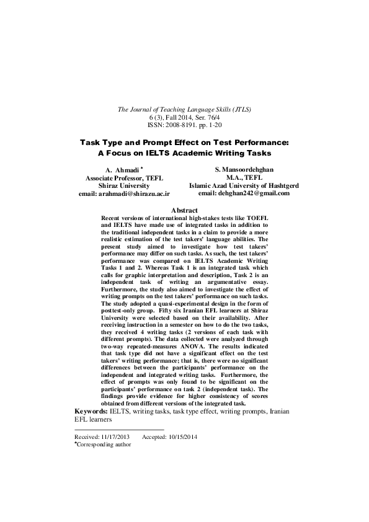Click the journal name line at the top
coord(184,109)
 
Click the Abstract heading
coord(184,211)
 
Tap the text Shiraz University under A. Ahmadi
coord(124,185)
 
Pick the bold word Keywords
coord(90,411)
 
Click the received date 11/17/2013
coord(112,436)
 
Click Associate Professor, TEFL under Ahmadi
coord(124,177)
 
